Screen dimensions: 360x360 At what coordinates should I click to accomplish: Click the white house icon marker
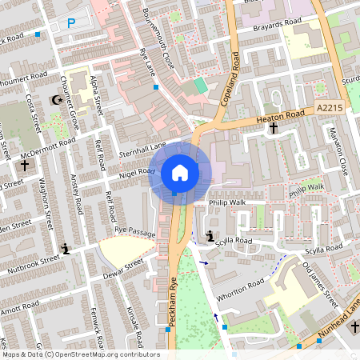[180, 173]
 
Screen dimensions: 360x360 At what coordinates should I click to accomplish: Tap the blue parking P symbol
[71, 24]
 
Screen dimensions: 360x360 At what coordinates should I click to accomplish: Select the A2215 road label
[328, 107]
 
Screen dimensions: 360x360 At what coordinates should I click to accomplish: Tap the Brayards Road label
[263, 25]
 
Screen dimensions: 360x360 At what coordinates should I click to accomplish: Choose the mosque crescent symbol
[56, 100]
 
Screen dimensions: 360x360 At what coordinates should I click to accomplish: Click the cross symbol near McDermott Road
[25, 166]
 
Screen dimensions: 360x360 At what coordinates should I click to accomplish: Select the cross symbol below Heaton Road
[273, 128]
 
